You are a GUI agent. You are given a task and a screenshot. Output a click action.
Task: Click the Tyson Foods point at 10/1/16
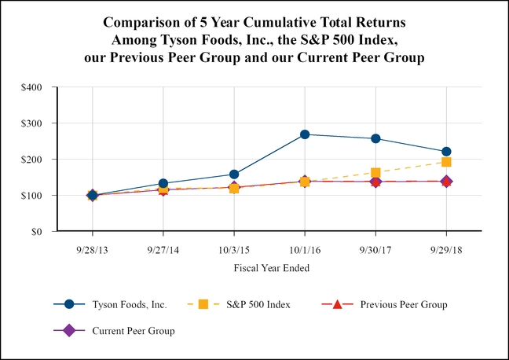tap(305, 134)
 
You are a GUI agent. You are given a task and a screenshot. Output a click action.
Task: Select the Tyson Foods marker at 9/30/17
tap(375, 138)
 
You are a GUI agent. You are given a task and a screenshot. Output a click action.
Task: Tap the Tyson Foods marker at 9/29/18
tap(446, 152)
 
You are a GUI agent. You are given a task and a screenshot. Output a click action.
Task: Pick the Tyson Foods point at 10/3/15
tap(234, 174)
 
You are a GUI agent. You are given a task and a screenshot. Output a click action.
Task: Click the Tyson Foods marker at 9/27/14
tap(163, 184)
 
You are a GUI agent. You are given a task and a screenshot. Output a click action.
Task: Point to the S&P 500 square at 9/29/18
tap(446, 162)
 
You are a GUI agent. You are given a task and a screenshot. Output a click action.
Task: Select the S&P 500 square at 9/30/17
tap(375, 172)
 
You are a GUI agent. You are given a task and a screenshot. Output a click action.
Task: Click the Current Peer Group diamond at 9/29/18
tap(446, 182)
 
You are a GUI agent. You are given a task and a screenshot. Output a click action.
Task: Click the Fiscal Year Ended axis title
tap(270, 268)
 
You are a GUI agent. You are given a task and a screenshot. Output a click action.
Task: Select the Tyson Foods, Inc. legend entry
tap(115, 304)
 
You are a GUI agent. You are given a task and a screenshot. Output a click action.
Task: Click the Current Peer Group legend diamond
tap(68, 330)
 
